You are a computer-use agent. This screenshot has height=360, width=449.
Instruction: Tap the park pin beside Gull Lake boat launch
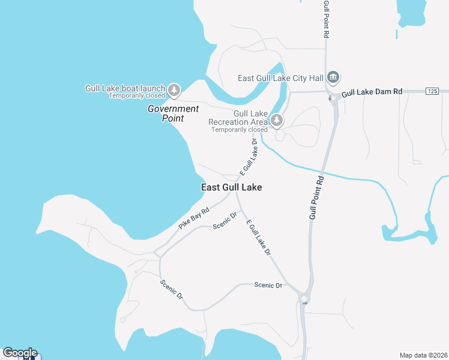point(174,91)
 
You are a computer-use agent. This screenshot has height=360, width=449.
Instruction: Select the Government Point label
point(173,113)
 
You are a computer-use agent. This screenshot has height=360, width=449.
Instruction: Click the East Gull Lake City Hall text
point(280,78)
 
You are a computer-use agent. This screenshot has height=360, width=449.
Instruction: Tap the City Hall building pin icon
point(334,78)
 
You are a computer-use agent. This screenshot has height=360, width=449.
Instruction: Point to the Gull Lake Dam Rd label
point(372,92)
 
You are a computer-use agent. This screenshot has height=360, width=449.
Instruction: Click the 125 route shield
point(433,91)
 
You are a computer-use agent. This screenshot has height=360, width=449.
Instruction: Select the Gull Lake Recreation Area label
point(238,118)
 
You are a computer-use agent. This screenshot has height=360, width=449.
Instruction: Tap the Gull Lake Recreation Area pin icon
point(276,121)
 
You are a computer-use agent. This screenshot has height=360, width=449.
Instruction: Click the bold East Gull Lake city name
point(231,187)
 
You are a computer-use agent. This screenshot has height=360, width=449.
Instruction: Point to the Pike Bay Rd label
point(193,219)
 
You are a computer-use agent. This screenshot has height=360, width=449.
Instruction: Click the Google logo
point(19,353)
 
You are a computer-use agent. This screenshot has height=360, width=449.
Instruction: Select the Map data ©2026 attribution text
point(423,355)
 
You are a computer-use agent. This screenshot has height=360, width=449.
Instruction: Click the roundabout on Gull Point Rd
point(304,298)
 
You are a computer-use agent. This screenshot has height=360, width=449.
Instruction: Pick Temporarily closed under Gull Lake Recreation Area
point(239,130)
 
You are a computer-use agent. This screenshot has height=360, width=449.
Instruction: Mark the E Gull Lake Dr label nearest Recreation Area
point(248,157)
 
